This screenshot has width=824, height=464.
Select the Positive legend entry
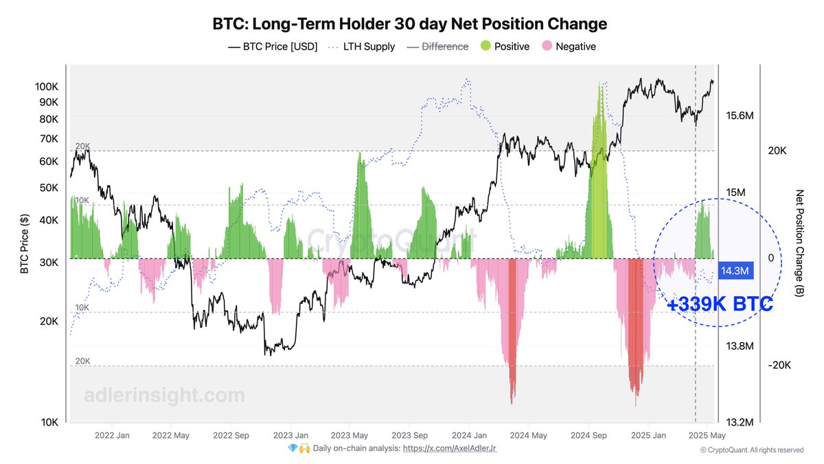point(504,47)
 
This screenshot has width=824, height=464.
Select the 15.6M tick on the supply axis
point(740,116)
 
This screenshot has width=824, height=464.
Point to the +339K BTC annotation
point(720,305)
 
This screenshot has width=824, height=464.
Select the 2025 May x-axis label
point(707,435)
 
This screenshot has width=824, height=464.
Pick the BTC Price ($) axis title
point(25,243)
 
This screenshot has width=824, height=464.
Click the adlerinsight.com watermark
point(164,396)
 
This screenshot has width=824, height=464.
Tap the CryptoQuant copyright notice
point(751,450)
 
